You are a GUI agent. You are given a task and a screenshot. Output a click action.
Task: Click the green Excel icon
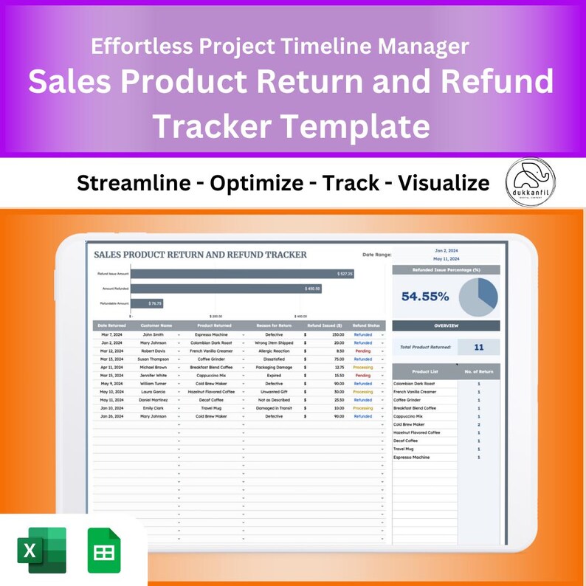[x=42, y=550]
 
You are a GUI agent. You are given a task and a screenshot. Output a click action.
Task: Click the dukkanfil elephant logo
[x=531, y=182]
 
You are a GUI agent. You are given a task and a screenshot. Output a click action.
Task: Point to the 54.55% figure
[x=425, y=297]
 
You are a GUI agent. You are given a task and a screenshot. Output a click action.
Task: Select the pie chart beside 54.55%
[x=478, y=297]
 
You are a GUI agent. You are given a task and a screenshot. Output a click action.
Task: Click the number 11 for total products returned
[x=478, y=347]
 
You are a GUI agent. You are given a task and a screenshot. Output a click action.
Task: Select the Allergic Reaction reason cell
[x=274, y=351]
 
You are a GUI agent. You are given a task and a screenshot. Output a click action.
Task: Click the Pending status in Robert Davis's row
[x=362, y=351]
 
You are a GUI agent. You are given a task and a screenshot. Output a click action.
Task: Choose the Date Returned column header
[x=111, y=325]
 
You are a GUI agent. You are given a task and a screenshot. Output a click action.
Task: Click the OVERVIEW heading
[x=446, y=325]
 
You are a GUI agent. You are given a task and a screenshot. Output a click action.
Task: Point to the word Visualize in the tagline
[x=443, y=183]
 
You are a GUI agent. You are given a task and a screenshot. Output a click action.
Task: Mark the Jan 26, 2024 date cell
[x=111, y=416]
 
